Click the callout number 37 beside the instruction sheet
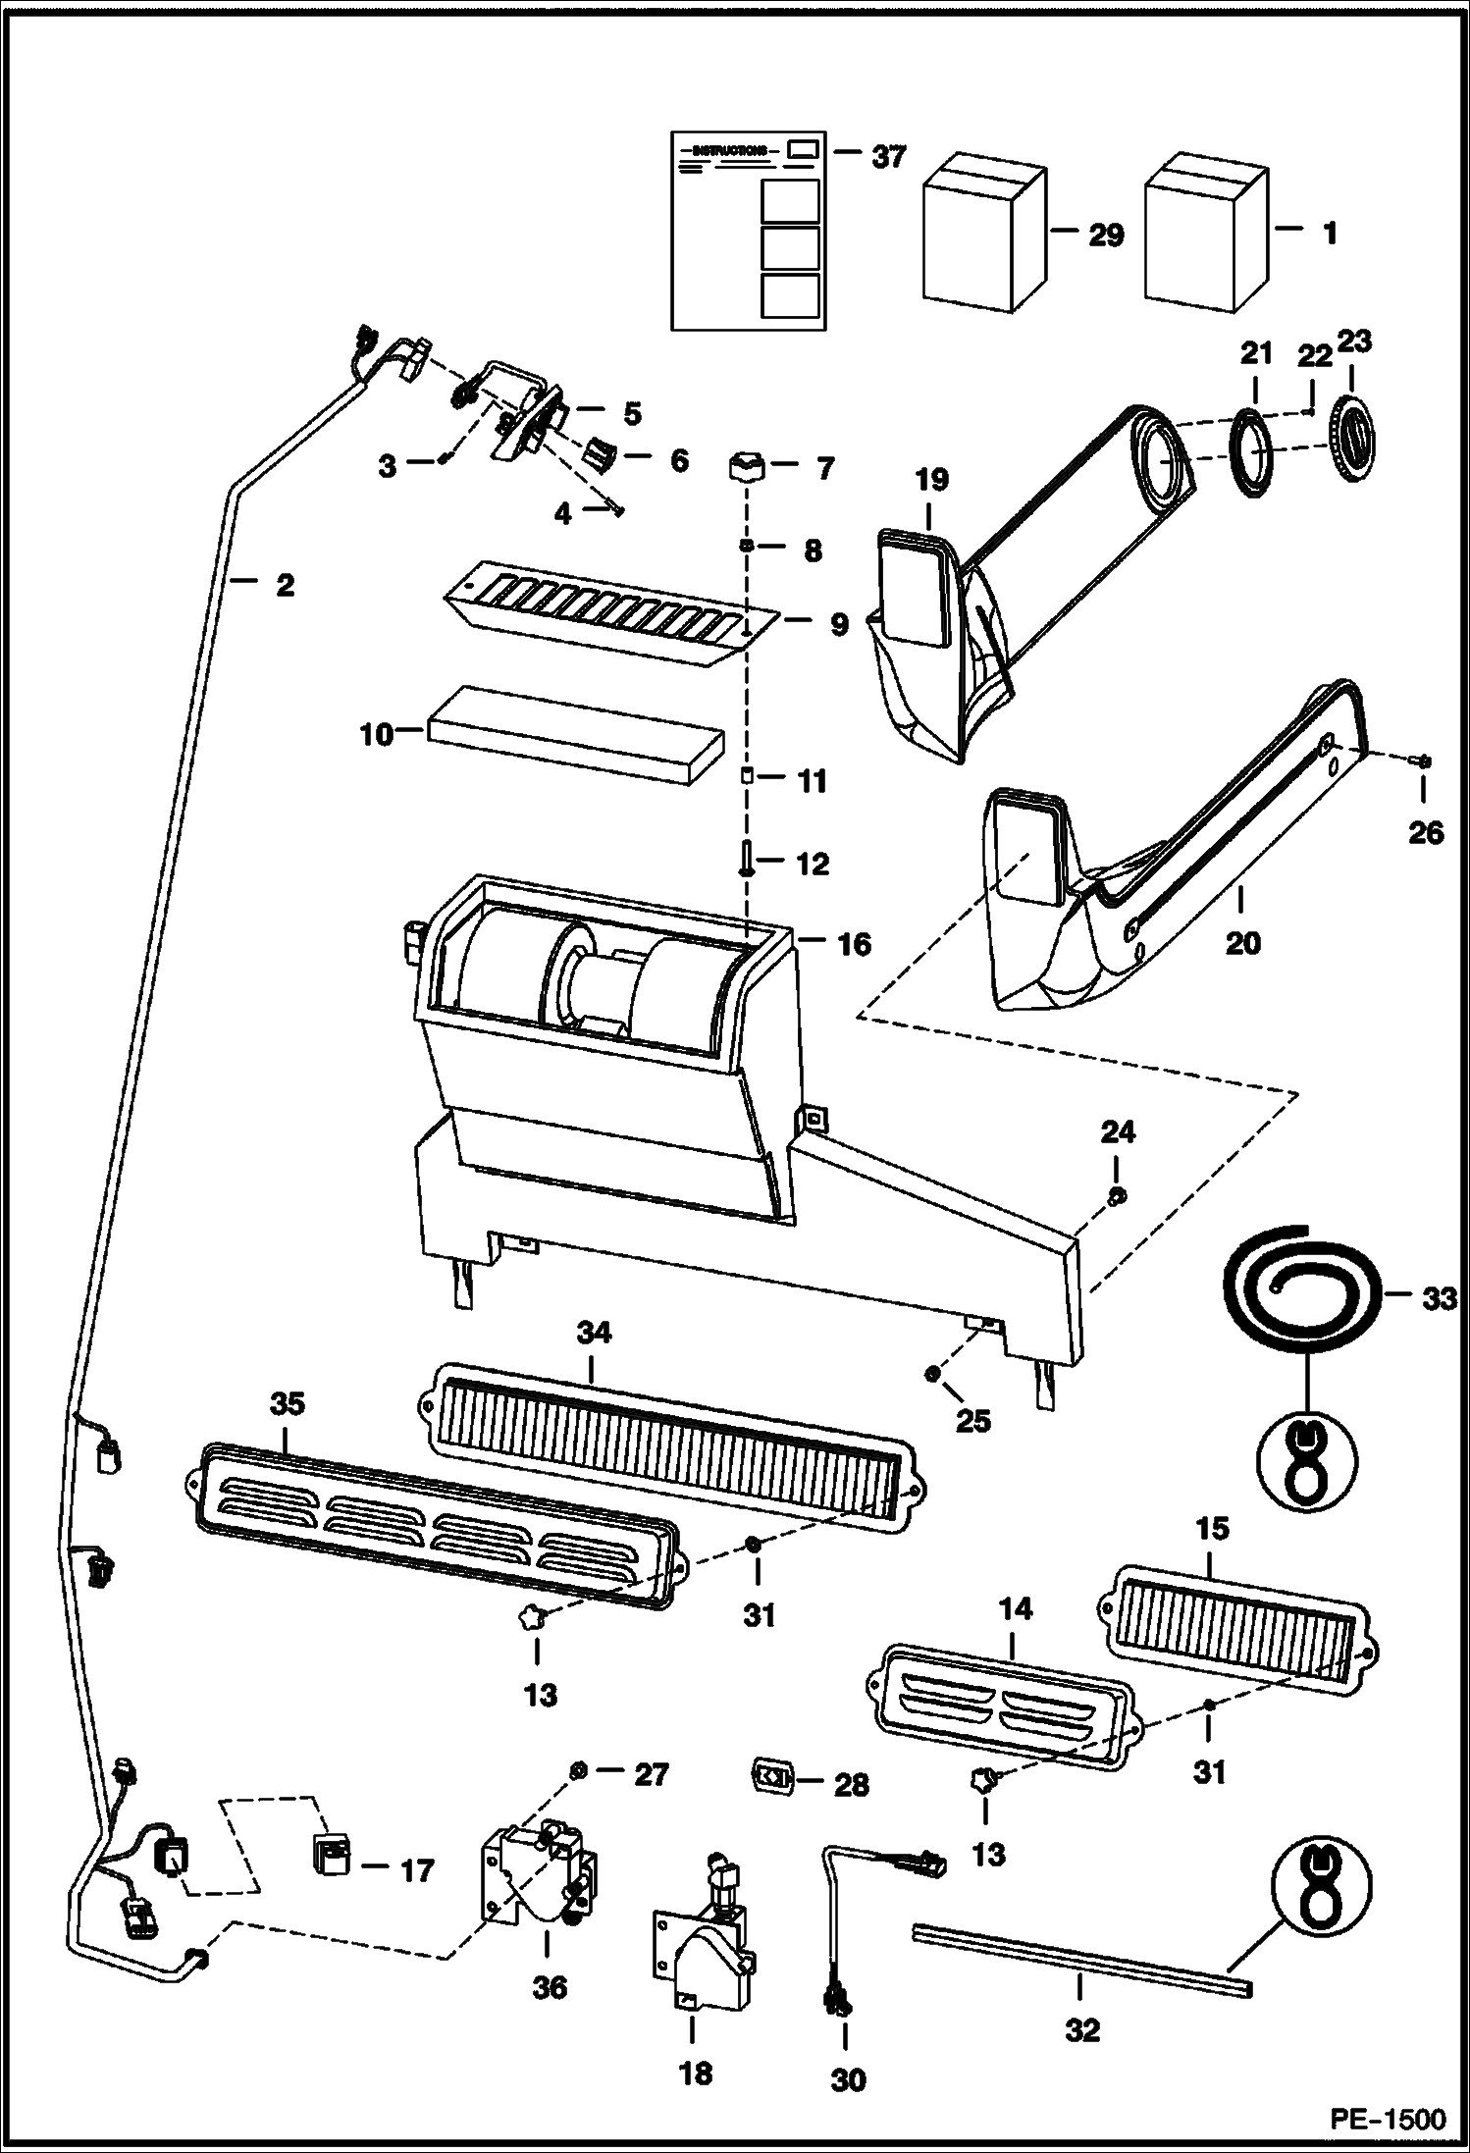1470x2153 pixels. [888, 155]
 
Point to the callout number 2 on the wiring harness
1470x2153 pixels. [285, 585]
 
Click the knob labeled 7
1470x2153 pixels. [748, 466]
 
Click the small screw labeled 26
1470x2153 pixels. [1423, 761]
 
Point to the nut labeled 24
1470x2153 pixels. [1116, 1195]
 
